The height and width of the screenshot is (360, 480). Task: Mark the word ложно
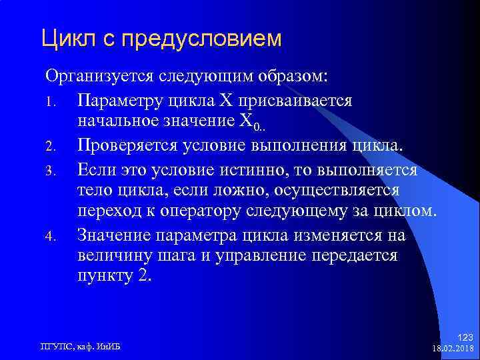tap(256, 191)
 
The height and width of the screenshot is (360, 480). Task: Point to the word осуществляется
tap(343, 191)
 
